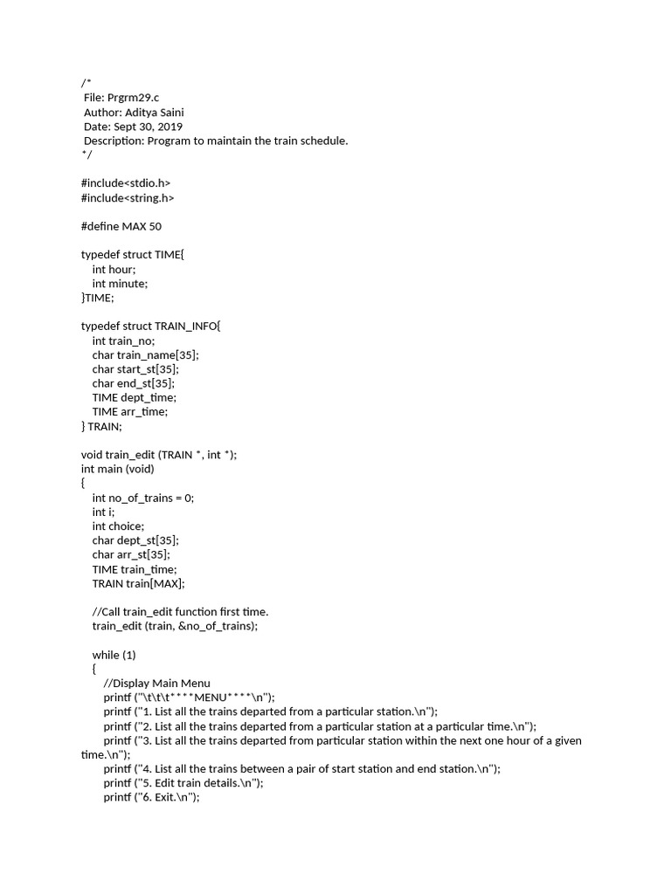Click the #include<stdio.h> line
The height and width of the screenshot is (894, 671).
(x=126, y=183)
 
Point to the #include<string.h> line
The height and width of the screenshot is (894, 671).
(x=128, y=198)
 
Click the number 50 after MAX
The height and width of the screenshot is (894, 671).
(x=155, y=226)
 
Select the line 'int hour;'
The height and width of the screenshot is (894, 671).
(x=114, y=269)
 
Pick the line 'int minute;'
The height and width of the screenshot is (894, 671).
(x=120, y=284)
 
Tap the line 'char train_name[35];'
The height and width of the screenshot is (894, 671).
(x=145, y=354)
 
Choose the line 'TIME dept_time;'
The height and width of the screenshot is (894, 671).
(x=134, y=397)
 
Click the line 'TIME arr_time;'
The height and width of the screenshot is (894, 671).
(x=129, y=411)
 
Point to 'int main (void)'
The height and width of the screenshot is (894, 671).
(x=117, y=469)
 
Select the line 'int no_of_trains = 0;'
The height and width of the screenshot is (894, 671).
(x=142, y=498)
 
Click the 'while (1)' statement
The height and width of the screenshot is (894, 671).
(x=114, y=654)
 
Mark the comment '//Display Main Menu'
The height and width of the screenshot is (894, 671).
(x=156, y=683)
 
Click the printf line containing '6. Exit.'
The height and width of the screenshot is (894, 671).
(x=151, y=797)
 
